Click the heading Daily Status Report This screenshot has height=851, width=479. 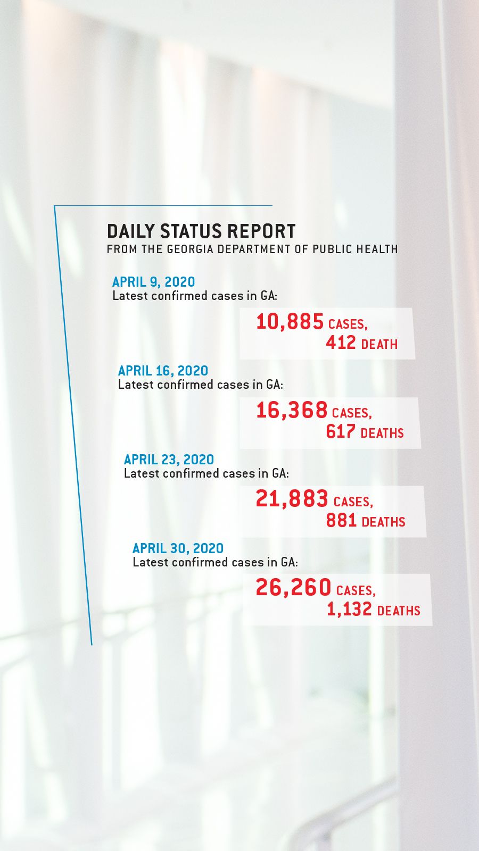click(x=201, y=231)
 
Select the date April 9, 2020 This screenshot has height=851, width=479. click(x=153, y=282)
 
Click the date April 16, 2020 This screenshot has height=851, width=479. click(x=163, y=371)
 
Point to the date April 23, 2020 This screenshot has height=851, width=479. click(x=169, y=460)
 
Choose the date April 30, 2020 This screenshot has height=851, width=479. click(x=178, y=548)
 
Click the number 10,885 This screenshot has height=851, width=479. click(x=290, y=322)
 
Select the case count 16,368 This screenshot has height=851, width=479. click(x=291, y=411)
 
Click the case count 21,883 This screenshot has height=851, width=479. click(x=292, y=499)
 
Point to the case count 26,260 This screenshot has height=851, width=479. click(x=293, y=588)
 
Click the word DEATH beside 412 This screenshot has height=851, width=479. click(x=379, y=345)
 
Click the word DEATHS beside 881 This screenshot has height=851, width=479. click(x=383, y=522)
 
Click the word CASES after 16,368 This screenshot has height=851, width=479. click(x=351, y=413)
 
